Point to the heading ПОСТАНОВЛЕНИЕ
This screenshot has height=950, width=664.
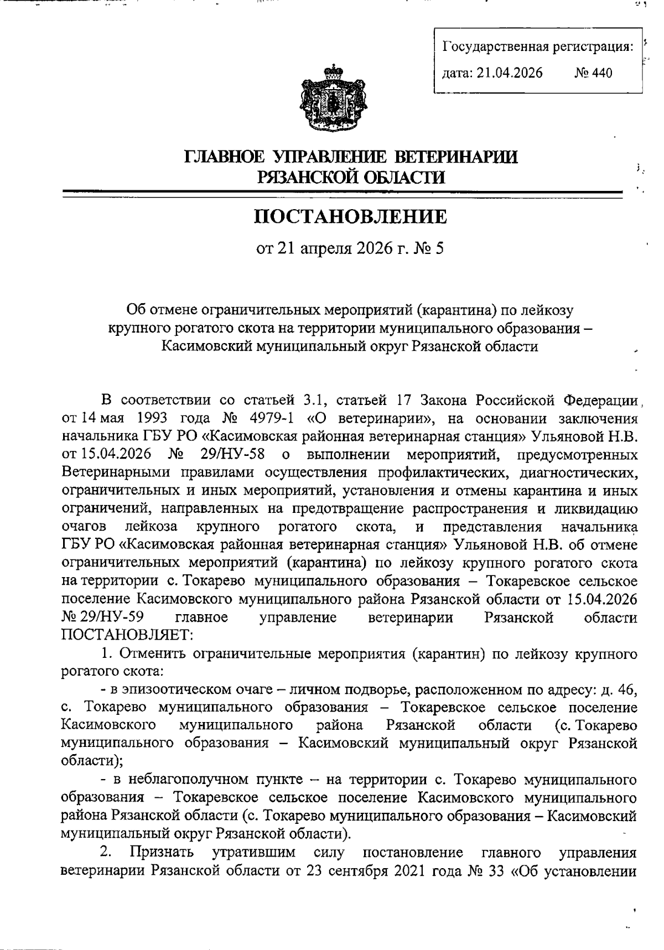click(350, 216)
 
